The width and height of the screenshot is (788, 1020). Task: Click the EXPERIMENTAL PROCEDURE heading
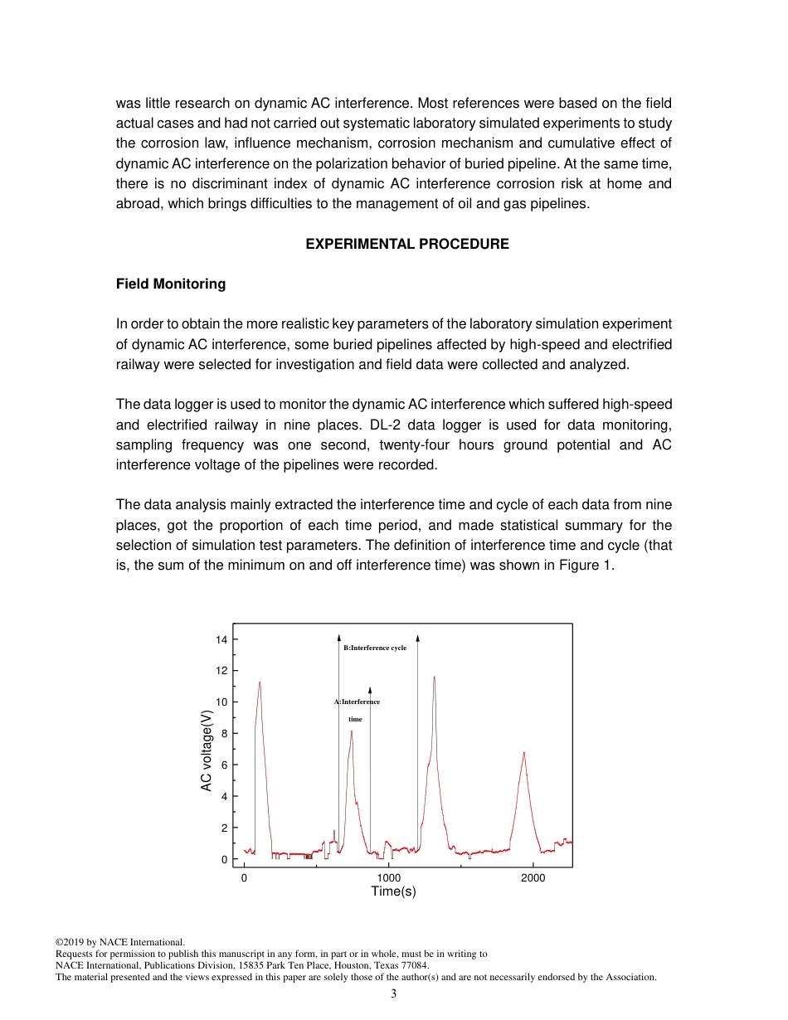click(x=407, y=244)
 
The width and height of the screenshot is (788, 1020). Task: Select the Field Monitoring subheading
click(x=171, y=284)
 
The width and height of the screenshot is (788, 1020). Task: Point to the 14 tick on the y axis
click(x=221, y=639)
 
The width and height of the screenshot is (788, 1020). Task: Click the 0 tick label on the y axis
click(x=224, y=860)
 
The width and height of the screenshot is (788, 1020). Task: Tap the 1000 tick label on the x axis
click(x=388, y=878)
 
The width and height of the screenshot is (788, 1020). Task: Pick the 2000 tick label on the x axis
click(x=533, y=878)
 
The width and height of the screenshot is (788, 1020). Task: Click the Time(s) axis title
click(x=393, y=891)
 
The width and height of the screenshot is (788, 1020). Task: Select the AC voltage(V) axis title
click(x=207, y=750)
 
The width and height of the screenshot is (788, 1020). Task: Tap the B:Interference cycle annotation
click(x=375, y=648)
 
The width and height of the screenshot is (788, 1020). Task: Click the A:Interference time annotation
click(x=357, y=710)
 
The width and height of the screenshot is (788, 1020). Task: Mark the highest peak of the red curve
click(x=434, y=677)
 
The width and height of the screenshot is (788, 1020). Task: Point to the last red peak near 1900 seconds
click(x=524, y=753)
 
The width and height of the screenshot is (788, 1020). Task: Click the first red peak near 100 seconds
click(x=260, y=682)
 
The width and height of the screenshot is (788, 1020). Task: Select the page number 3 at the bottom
click(x=393, y=993)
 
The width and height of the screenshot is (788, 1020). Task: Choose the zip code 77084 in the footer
click(x=414, y=965)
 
